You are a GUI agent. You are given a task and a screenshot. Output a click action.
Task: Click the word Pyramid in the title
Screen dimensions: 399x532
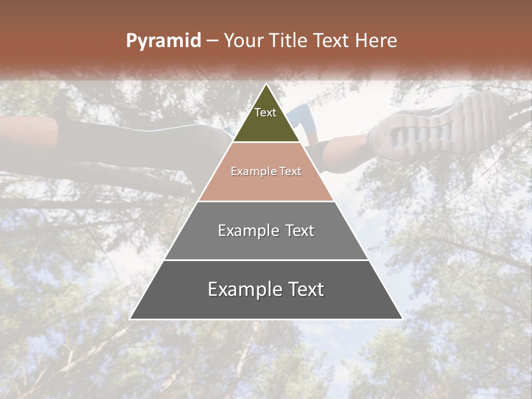click(163, 41)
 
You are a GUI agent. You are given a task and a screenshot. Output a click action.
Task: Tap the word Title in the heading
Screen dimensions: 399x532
click(290, 41)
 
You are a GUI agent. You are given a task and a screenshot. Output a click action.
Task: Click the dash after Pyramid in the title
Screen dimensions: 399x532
click(212, 41)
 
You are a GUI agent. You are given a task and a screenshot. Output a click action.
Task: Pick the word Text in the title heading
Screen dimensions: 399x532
click(332, 41)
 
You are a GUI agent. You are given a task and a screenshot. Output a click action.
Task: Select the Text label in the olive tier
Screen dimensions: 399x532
click(265, 112)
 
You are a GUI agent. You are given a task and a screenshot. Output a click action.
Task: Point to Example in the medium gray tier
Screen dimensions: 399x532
click(243, 231)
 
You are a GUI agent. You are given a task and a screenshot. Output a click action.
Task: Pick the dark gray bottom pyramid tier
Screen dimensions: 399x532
click(266, 305)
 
